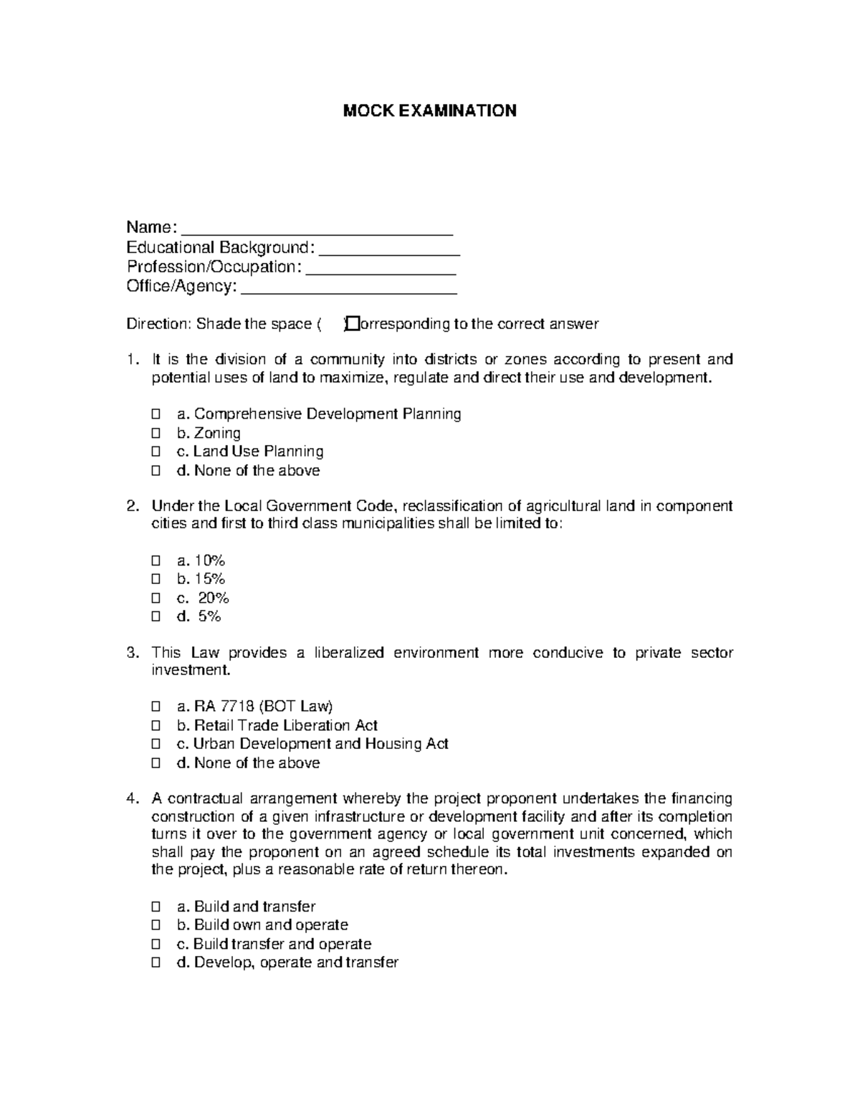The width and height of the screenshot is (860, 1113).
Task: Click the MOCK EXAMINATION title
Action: (429, 110)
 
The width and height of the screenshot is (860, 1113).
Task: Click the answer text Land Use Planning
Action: (258, 452)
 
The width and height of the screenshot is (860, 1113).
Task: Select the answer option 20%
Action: (213, 598)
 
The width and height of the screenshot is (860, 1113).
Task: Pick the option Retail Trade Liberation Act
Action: (285, 725)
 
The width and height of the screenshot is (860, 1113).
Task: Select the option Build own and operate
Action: (270, 925)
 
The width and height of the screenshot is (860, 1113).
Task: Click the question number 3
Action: (131, 653)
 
